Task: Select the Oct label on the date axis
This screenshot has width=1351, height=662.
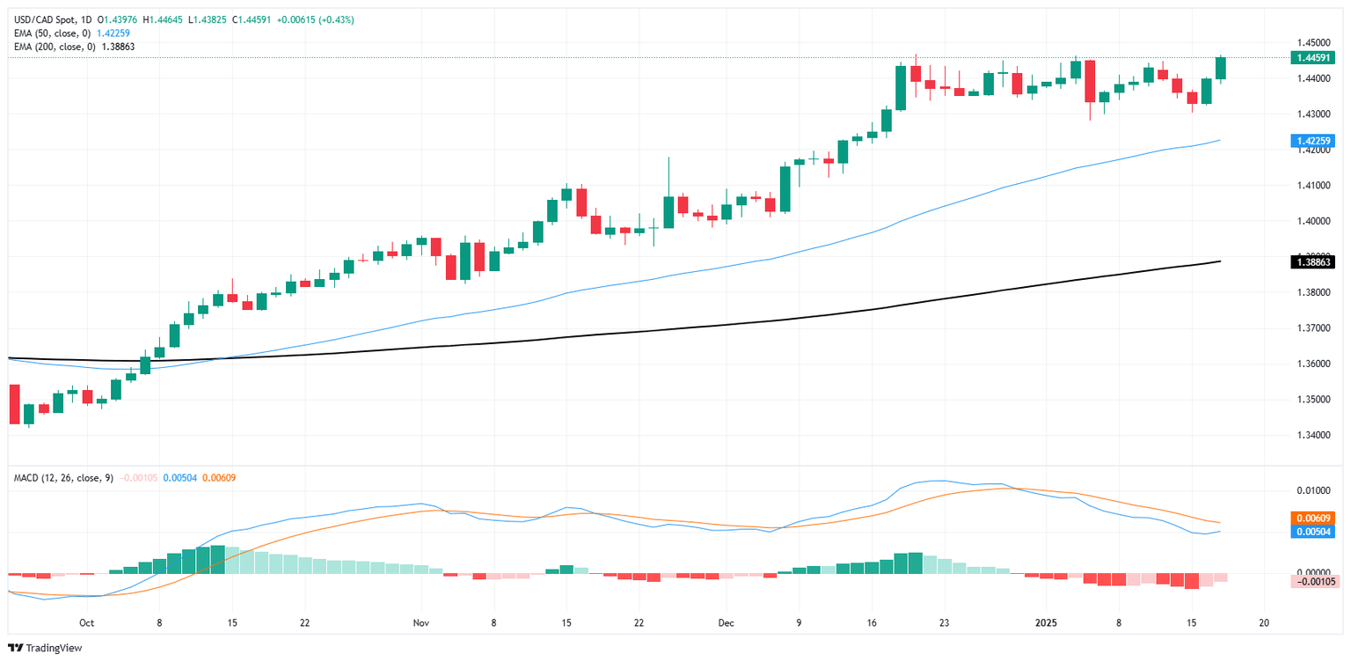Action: point(86,622)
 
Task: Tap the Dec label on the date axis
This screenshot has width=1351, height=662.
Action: point(726,622)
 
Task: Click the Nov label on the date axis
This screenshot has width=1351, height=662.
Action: point(420,622)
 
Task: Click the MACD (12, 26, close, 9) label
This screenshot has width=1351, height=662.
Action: point(62,477)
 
